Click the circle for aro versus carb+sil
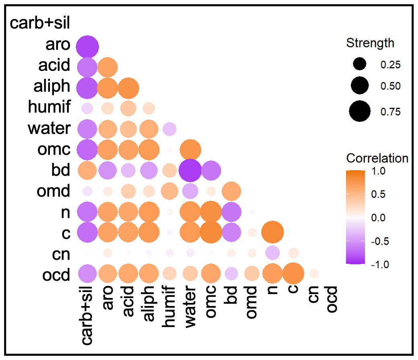(x=87, y=47)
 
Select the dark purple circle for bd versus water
(x=190, y=170)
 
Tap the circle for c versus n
(x=272, y=232)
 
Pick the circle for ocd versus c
(x=293, y=274)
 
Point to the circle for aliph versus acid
(x=128, y=88)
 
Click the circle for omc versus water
(x=190, y=150)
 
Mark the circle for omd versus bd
(x=231, y=191)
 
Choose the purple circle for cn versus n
(x=272, y=253)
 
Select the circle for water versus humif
(x=169, y=129)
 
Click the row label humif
(x=49, y=107)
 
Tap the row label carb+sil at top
(x=40, y=23)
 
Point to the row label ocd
(x=56, y=275)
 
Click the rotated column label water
(x=190, y=306)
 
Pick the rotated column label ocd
(x=332, y=299)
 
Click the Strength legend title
(x=370, y=43)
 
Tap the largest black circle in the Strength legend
(x=360, y=111)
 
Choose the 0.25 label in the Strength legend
(x=390, y=65)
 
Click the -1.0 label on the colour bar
(x=380, y=265)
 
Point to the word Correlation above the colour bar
(x=377, y=158)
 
